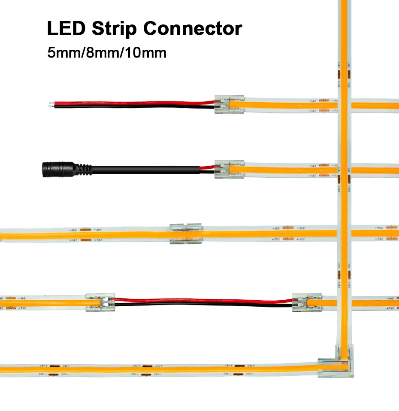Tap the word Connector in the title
(192, 29)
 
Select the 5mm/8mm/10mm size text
(106, 53)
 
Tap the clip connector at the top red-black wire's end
(229, 104)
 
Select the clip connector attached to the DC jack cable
(229, 169)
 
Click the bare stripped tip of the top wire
(51, 104)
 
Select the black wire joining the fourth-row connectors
(202, 304)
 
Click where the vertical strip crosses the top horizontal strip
(344, 104)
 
